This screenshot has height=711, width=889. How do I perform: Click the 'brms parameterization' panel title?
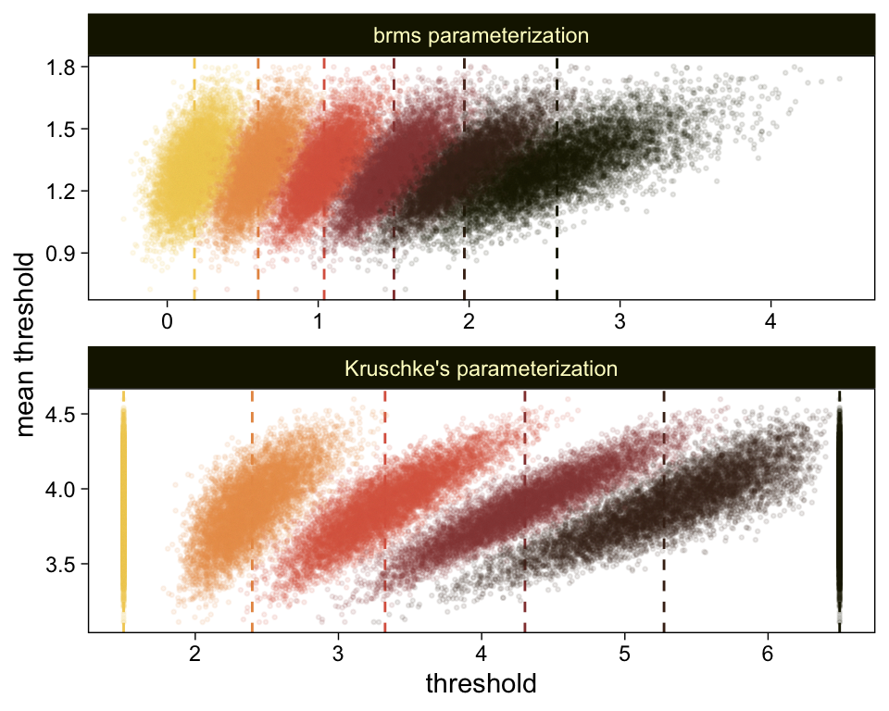[x=481, y=36]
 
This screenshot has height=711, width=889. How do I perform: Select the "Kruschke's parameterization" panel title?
[x=481, y=368]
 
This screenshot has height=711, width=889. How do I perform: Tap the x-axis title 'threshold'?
[x=481, y=684]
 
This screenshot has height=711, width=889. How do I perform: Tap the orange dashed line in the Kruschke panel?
[x=252, y=555]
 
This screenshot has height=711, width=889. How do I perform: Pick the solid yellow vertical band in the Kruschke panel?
[x=123, y=509]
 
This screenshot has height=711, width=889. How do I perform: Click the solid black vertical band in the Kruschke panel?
[x=839, y=509]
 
